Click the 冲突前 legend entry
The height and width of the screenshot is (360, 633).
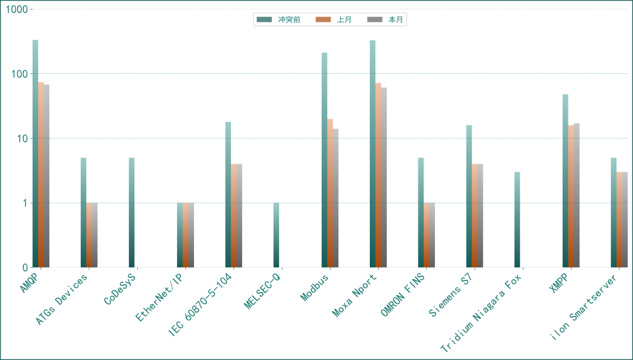(278, 19)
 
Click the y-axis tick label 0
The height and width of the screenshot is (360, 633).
(25, 267)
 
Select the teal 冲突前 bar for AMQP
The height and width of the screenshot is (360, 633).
(36, 154)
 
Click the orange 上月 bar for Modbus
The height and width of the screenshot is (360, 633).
(330, 193)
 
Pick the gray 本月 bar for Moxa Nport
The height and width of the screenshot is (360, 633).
(384, 178)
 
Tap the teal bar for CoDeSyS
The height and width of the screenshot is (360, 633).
(132, 212)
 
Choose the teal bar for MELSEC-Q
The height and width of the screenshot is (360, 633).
(276, 235)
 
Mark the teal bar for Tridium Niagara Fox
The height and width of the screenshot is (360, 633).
(517, 220)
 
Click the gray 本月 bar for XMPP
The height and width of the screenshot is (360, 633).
(577, 195)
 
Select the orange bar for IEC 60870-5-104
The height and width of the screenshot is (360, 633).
(234, 216)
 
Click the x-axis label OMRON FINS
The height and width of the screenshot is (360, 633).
(403, 295)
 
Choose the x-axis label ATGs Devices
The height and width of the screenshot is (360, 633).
(62, 300)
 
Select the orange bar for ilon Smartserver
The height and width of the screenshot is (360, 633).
(620, 220)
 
